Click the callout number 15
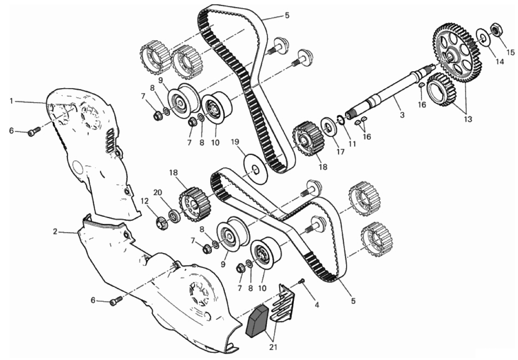[x=510, y=52]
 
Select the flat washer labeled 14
[x=483, y=38]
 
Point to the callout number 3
[x=402, y=115]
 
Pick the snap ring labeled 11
[x=341, y=120]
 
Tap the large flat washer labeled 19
[x=256, y=167]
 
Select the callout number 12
[x=144, y=201]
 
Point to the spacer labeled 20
[x=174, y=216]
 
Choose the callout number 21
[x=273, y=347]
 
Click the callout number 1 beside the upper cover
[x=11, y=101]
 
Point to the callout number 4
[x=317, y=305]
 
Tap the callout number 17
[x=340, y=151]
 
